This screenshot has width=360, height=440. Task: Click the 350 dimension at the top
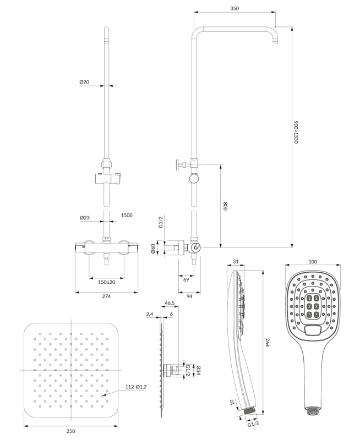[x=234, y=8]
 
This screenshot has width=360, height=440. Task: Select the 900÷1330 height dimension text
[x=296, y=132]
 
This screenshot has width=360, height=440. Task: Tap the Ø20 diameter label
[x=84, y=82]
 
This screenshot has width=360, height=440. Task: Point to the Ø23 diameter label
[x=85, y=217]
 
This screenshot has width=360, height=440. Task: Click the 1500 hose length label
[x=127, y=215]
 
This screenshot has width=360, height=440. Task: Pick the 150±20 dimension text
[x=106, y=282]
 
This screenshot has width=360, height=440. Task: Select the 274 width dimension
[x=106, y=296]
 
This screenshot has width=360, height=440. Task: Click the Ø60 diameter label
[x=154, y=249]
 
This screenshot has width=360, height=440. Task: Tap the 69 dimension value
[x=186, y=280]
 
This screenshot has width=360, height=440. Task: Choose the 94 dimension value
[x=189, y=296]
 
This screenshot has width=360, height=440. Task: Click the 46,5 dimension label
[x=170, y=303]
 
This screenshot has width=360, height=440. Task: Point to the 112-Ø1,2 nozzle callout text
[x=136, y=387]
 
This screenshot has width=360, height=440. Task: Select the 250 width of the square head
[x=71, y=431]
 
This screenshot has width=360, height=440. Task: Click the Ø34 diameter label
[x=199, y=370]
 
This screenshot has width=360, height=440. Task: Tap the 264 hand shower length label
[x=268, y=342]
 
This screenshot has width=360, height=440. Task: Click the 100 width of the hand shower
[x=313, y=262]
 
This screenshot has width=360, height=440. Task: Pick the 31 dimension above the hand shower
[x=236, y=262]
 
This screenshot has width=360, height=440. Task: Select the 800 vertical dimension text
[x=226, y=206]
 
